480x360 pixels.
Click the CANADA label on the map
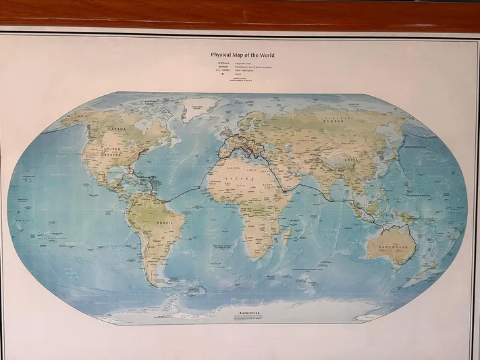tap(119, 128)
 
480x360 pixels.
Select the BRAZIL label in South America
tap(167, 222)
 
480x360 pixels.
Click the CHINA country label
tap(350, 159)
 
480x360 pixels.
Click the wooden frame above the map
tap(240, 14)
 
